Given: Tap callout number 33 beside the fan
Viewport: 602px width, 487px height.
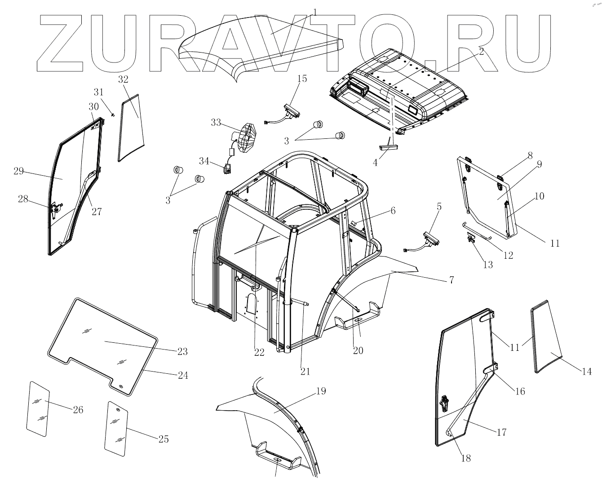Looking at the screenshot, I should (216, 122).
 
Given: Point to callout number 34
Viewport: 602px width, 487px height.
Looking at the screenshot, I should (204, 160).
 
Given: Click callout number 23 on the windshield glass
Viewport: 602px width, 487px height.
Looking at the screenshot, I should (182, 351).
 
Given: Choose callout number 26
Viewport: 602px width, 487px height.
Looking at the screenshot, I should (78, 410).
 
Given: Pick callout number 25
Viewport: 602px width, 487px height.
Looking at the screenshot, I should (164, 439).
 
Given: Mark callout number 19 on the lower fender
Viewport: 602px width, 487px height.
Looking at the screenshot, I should (320, 391).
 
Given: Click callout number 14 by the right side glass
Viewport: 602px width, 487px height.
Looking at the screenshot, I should (587, 372).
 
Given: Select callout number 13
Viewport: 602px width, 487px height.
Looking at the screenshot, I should (487, 265).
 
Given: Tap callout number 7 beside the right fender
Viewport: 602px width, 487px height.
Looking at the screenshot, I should (451, 280).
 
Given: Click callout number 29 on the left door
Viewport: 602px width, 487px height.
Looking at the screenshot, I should (18, 171).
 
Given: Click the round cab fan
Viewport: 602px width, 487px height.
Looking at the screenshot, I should (246, 138).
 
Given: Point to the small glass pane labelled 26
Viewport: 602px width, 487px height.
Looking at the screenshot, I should (39, 409).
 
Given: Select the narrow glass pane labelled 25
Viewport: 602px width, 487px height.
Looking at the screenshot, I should (115, 429).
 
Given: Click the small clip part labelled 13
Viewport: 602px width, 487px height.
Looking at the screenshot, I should (471, 238).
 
